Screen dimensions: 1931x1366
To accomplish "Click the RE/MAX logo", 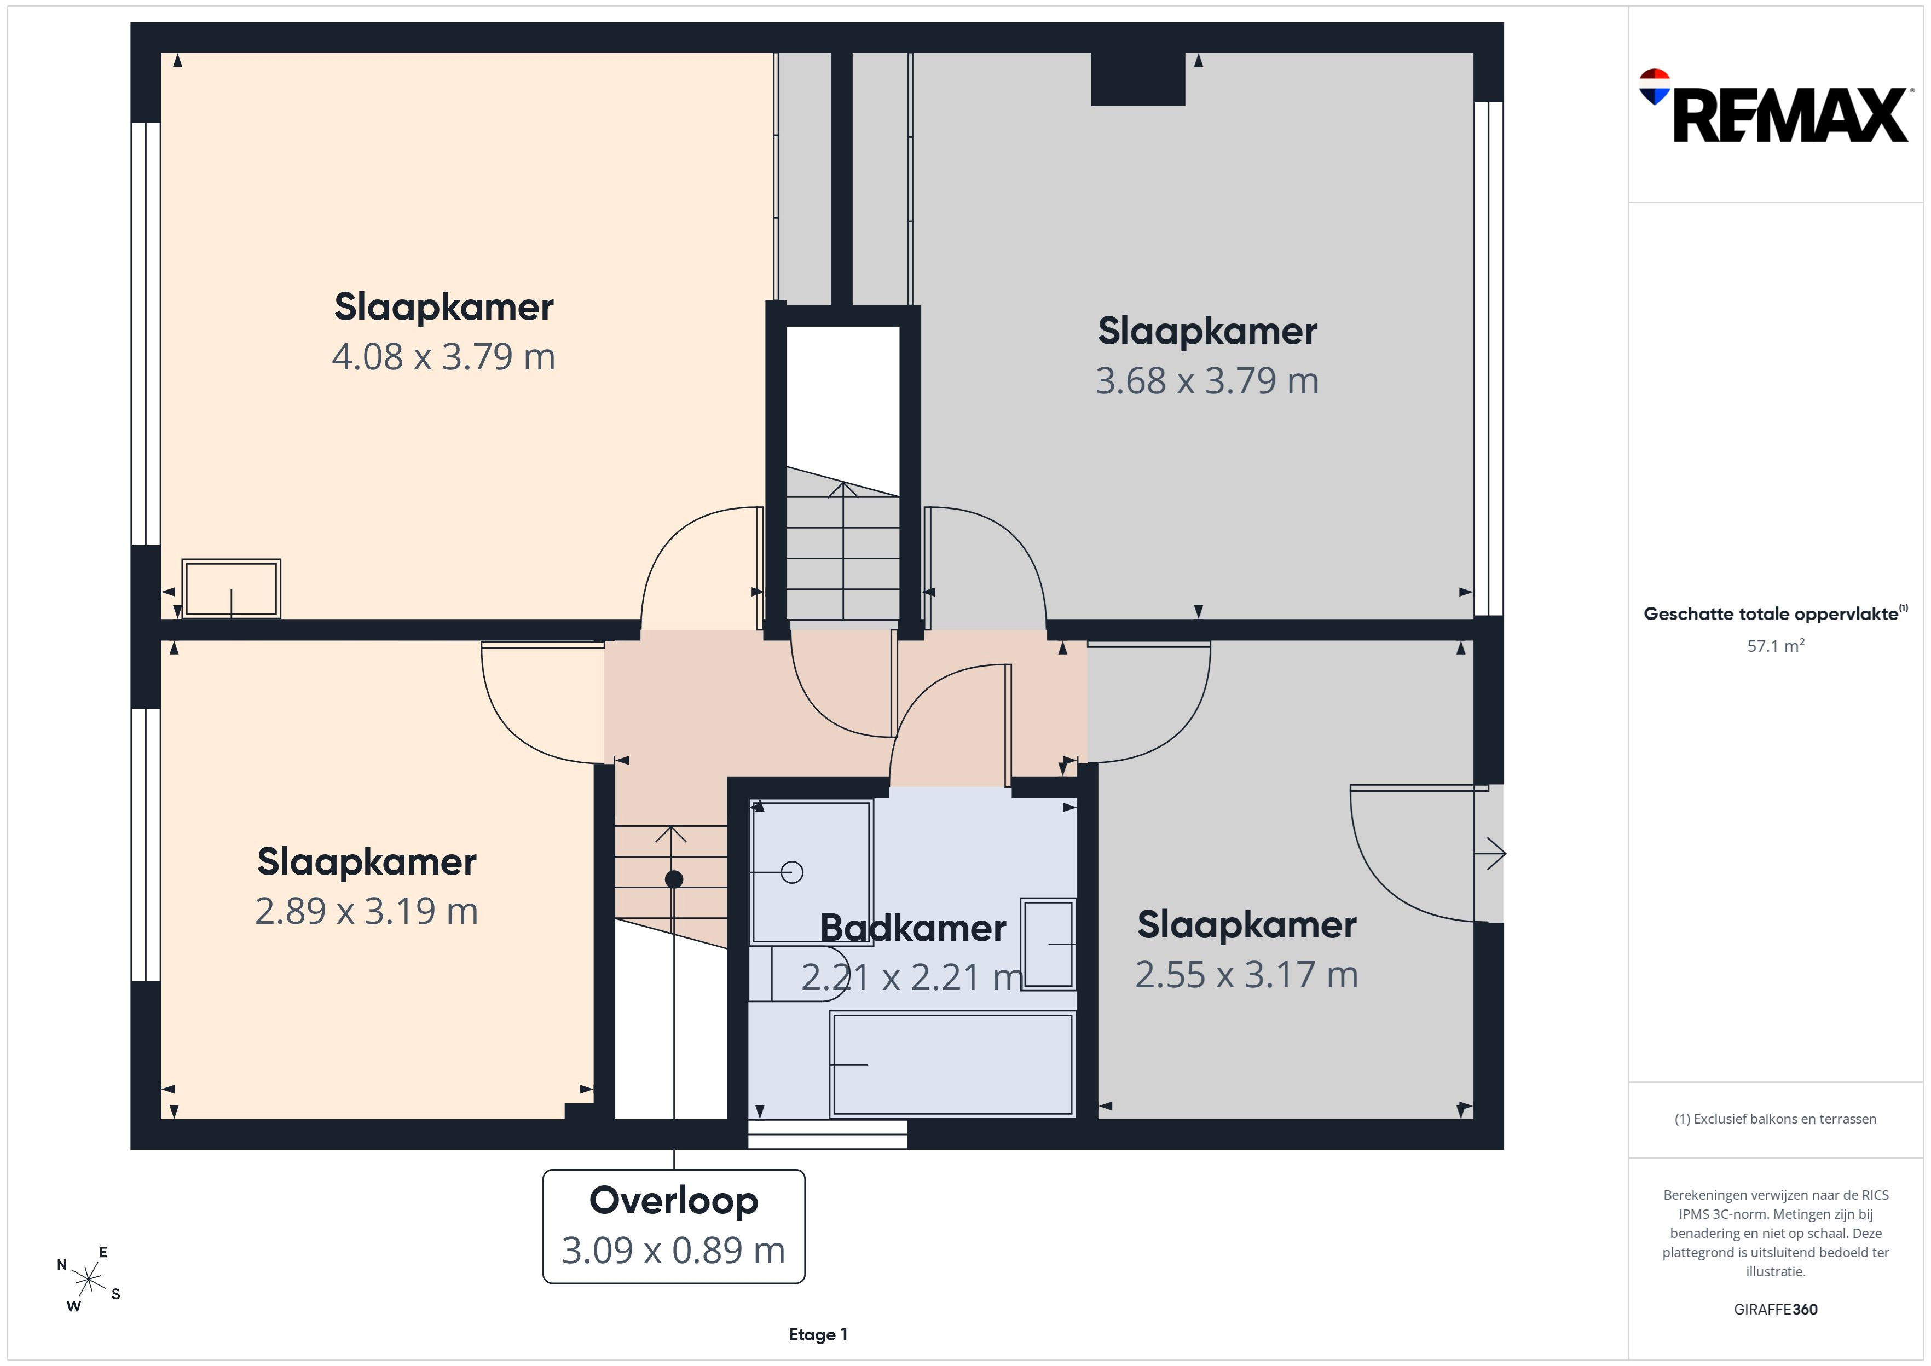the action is (1776, 106).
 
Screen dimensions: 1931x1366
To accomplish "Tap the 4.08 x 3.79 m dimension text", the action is (443, 357).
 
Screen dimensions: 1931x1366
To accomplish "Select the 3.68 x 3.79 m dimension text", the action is (1207, 381).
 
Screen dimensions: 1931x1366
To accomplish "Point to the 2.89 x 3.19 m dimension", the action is (367, 911).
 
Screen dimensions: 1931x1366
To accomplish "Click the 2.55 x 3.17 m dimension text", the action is (1246, 975).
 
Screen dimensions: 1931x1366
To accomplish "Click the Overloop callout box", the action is (674, 1226).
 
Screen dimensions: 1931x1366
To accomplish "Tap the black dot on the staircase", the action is (674, 879).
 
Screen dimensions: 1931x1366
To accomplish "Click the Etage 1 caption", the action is (818, 1334).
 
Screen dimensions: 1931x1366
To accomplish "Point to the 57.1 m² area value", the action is (1776, 646).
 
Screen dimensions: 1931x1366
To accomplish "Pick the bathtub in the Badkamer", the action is (952, 1064).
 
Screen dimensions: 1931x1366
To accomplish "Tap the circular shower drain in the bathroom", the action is (791, 872).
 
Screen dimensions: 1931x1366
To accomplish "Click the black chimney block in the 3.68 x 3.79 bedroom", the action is (1138, 79).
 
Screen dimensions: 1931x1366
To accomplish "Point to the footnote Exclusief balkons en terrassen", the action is (1776, 1119).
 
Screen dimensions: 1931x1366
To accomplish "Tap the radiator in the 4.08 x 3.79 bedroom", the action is (232, 589).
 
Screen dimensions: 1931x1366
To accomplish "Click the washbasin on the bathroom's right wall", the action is (1048, 944).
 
